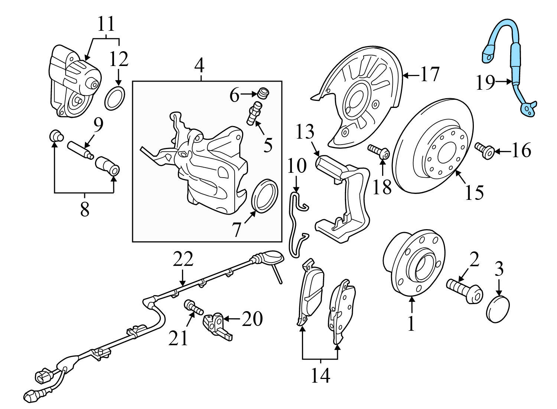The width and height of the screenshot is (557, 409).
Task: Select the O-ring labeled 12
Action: tap(114, 99)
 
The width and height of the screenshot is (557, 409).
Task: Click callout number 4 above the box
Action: tap(199, 66)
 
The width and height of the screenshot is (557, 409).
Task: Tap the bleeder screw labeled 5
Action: tap(254, 113)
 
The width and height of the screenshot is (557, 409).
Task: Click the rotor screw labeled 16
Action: tap(485, 151)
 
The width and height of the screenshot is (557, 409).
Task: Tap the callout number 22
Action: tap(183, 260)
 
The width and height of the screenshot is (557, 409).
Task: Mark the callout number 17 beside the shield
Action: tap(430, 75)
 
